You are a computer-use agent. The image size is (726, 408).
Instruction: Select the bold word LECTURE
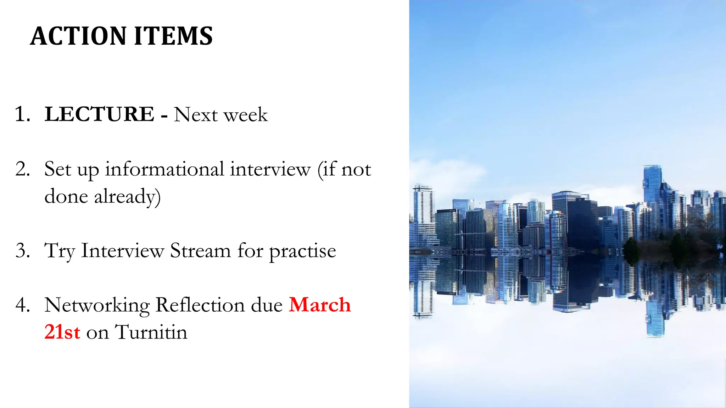click(99, 114)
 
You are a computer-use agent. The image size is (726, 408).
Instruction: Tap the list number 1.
click(22, 114)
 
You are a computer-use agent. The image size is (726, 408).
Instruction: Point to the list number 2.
click(22, 169)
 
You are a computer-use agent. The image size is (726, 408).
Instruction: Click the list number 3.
click(22, 251)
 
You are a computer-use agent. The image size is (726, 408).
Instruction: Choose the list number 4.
click(22, 305)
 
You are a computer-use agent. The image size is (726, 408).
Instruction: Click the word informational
click(164, 169)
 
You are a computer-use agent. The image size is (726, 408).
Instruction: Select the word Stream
click(200, 251)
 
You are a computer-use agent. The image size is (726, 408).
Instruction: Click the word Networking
click(97, 305)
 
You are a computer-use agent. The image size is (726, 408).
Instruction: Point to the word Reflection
click(200, 305)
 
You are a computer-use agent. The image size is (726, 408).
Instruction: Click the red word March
click(320, 305)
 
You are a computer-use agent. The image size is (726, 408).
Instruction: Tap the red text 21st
click(62, 332)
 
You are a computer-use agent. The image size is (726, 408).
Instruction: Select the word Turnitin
click(151, 332)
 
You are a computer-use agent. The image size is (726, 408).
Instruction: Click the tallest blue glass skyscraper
click(652, 191)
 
